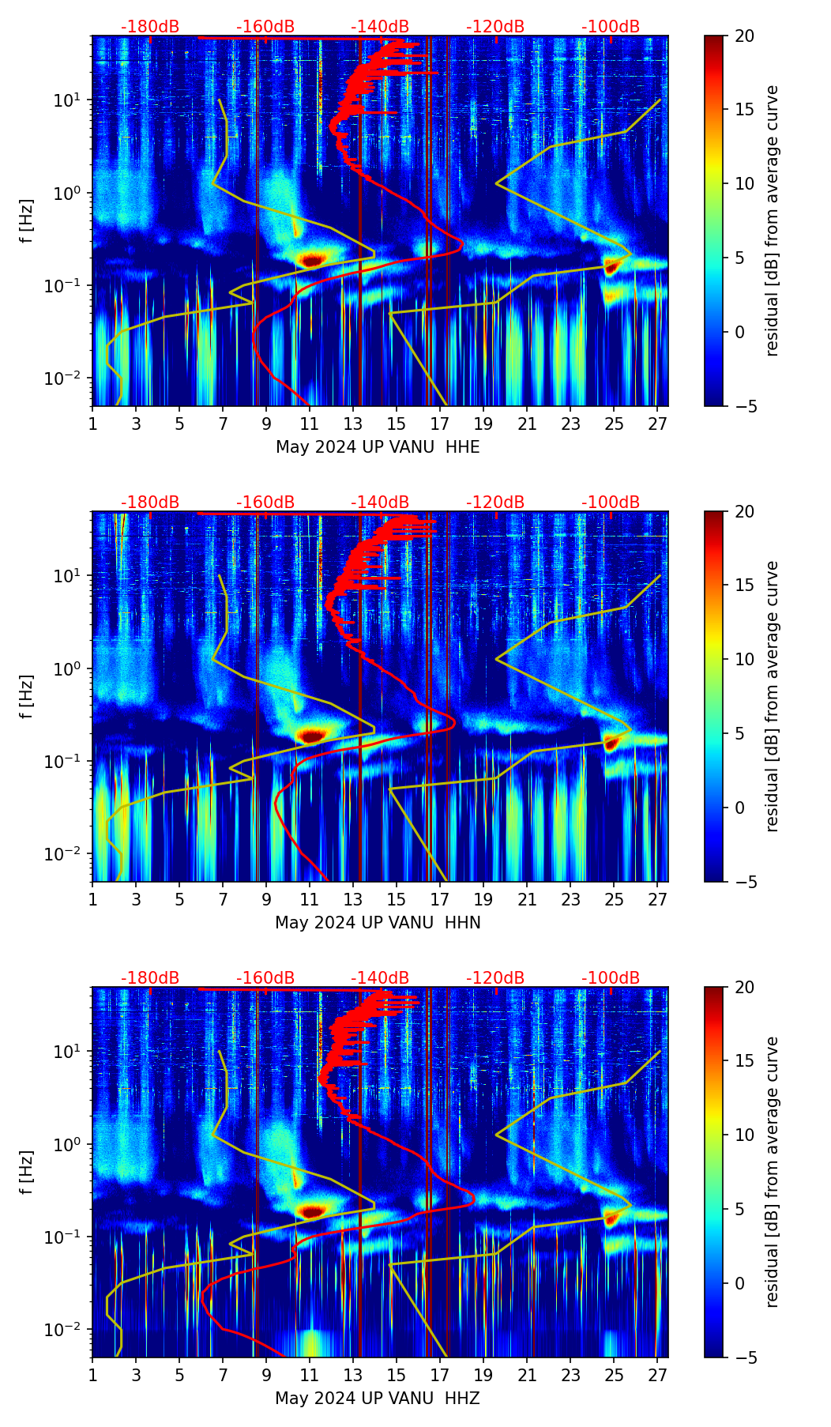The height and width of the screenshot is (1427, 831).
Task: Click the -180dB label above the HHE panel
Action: pyautogui.click(x=150, y=27)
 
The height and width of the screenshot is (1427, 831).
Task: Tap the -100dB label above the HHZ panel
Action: pyautogui.click(x=611, y=978)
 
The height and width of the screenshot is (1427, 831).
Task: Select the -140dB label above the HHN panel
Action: pyautogui.click(x=380, y=503)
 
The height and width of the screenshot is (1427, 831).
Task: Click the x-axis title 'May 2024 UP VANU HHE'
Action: pyautogui.click(x=378, y=447)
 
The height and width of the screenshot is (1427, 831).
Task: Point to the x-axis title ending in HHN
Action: pyautogui.click(x=378, y=923)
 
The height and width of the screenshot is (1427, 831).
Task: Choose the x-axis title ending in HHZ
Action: pyautogui.click(x=378, y=1399)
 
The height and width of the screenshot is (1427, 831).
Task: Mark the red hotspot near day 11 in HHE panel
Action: pyautogui.click(x=311, y=259)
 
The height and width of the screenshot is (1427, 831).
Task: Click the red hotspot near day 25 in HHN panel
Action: pyautogui.click(x=610, y=743)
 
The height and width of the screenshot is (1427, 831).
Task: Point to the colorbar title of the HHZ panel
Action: pyautogui.click(x=773, y=1172)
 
